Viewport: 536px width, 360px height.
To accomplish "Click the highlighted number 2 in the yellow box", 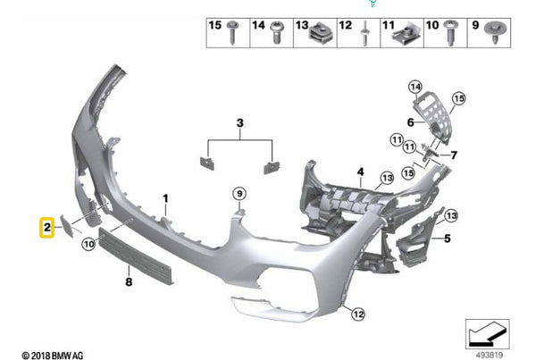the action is pyautogui.click(x=46, y=228).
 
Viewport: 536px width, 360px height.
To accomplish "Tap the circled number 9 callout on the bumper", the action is pyautogui.click(x=239, y=194).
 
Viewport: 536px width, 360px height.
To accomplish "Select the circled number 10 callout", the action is pyautogui.click(x=88, y=244).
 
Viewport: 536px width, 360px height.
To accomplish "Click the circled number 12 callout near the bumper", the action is pyautogui.click(x=358, y=314).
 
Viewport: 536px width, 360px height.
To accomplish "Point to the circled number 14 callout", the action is pyautogui.click(x=415, y=88).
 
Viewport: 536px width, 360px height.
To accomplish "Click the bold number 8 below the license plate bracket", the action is pyautogui.click(x=129, y=282).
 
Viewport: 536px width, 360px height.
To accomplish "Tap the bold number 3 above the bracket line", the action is pyautogui.click(x=240, y=122).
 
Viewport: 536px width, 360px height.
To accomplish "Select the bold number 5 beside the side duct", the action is pyautogui.click(x=448, y=239).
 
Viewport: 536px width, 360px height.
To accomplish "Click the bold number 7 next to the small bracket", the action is pyautogui.click(x=454, y=155).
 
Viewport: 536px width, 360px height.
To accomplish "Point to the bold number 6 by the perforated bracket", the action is pyautogui.click(x=411, y=122).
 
